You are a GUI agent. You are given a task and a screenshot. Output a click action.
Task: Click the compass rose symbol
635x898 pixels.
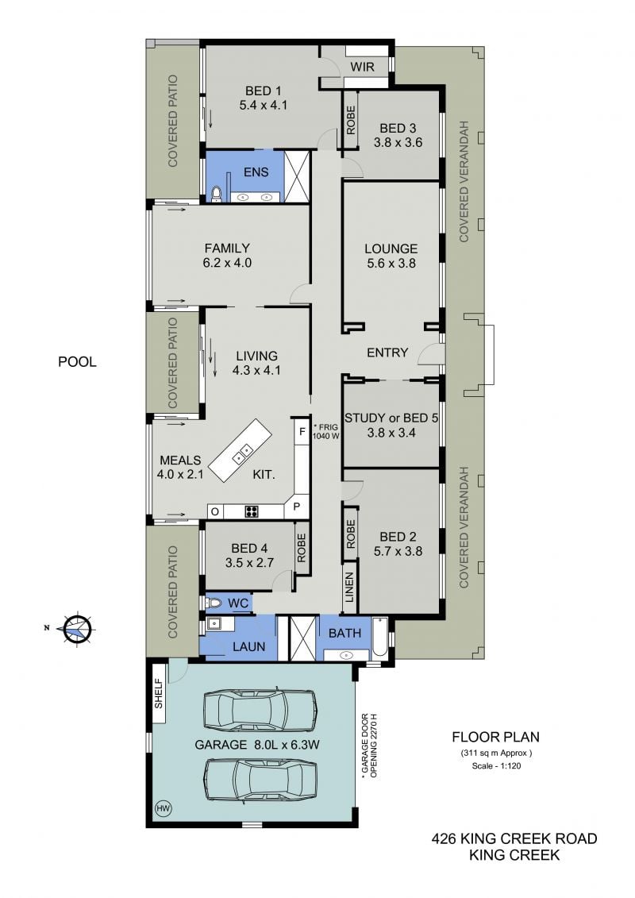[77, 629]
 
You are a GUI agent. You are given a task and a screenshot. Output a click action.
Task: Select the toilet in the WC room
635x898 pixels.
[214, 603]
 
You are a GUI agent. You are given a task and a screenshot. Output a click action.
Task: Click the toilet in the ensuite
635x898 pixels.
[216, 195]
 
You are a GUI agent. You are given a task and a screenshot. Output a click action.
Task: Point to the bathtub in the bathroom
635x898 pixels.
[379, 638]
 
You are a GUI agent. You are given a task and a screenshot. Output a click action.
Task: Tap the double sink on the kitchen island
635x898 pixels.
[241, 453]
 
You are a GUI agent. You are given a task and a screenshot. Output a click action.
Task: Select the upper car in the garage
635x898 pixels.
[260, 710]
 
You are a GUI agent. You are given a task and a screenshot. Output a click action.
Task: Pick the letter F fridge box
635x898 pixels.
[302, 431]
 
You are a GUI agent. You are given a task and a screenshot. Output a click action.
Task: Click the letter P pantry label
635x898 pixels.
[297, 506]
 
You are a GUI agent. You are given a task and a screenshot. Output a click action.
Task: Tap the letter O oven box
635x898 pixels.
[215, 511]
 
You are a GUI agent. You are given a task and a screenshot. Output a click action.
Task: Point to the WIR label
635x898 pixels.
[362, 67]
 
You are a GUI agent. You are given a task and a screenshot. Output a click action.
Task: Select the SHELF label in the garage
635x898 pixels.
[159, 693]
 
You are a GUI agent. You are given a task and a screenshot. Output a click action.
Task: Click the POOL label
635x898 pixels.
[77, 362]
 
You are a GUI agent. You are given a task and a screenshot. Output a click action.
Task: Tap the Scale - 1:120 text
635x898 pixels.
[496, 765]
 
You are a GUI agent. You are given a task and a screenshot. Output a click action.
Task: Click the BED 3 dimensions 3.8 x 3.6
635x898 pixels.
[398, 143]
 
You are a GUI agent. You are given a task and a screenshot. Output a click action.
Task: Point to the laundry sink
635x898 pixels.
[215, 623]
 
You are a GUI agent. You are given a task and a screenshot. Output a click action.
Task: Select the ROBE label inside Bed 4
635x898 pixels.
[302, 548]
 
